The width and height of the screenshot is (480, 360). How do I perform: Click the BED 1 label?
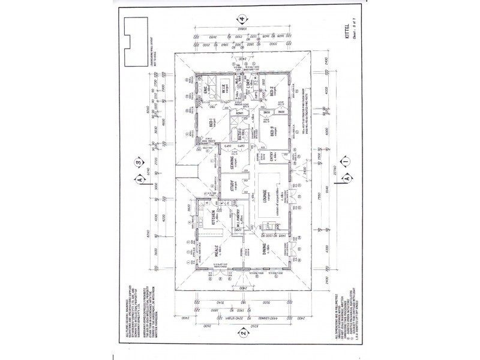[210, 123]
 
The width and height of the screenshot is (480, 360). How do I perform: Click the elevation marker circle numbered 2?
[242, 331]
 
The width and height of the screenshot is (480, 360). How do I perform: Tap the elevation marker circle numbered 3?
[139, 160]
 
